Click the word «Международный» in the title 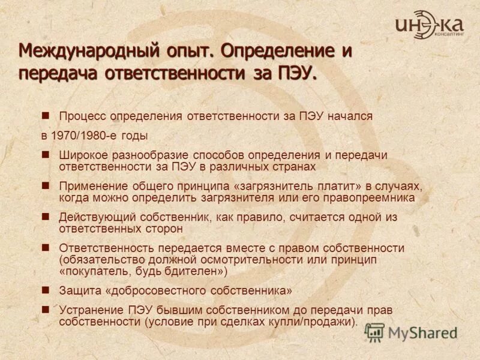[79, 51]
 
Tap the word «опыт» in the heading [181, 51]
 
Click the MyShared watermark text [422, 332]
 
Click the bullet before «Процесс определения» [45, 116]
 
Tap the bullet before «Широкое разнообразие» [45, 154]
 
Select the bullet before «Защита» [45, 289]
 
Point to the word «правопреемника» [375, 197]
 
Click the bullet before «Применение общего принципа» [45, 185]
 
